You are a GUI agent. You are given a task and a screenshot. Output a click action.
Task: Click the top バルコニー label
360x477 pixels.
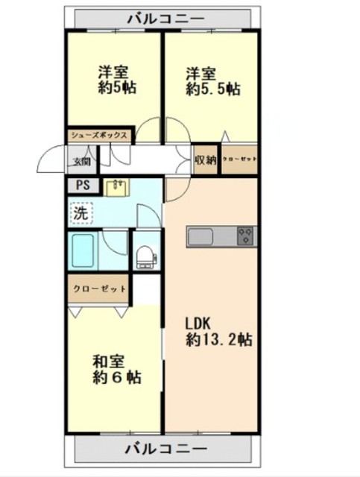coord(165,19)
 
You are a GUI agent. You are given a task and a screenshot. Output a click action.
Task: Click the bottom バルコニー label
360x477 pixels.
coord(165,449)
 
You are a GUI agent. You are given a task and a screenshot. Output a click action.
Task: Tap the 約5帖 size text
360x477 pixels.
coord(116,88)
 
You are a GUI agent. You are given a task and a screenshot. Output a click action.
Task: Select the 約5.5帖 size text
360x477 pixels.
coord(212,89)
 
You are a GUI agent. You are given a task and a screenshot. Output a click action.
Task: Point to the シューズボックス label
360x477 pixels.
coord(99,135)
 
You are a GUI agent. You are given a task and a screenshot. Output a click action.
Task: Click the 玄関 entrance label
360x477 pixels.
coord(82,162)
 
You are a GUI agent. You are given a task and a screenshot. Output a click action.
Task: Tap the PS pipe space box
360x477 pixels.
coord(83,186)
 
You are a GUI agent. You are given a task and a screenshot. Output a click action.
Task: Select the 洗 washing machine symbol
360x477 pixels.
coord(81,213)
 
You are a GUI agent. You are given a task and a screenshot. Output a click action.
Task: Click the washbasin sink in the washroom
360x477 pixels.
coord(117,187)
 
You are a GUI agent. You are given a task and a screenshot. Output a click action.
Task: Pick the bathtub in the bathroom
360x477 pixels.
coord(83,250)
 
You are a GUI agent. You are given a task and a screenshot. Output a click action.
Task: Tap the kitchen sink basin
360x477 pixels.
coord(200,237)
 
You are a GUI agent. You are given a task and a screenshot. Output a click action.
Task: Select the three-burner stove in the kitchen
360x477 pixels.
coord(246,236)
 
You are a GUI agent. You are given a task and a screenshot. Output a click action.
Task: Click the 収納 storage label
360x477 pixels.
coord(206,160)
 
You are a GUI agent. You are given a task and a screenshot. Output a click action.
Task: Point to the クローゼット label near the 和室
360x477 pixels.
coord(99,288)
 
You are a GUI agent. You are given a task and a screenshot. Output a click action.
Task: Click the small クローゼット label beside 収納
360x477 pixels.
coord(239,159)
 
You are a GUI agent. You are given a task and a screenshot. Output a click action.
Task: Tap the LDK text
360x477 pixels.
coord(198,323)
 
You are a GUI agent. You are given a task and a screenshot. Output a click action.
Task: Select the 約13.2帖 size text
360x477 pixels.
coord(219,339)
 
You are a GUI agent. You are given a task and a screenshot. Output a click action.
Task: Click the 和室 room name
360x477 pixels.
coord(108,361)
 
